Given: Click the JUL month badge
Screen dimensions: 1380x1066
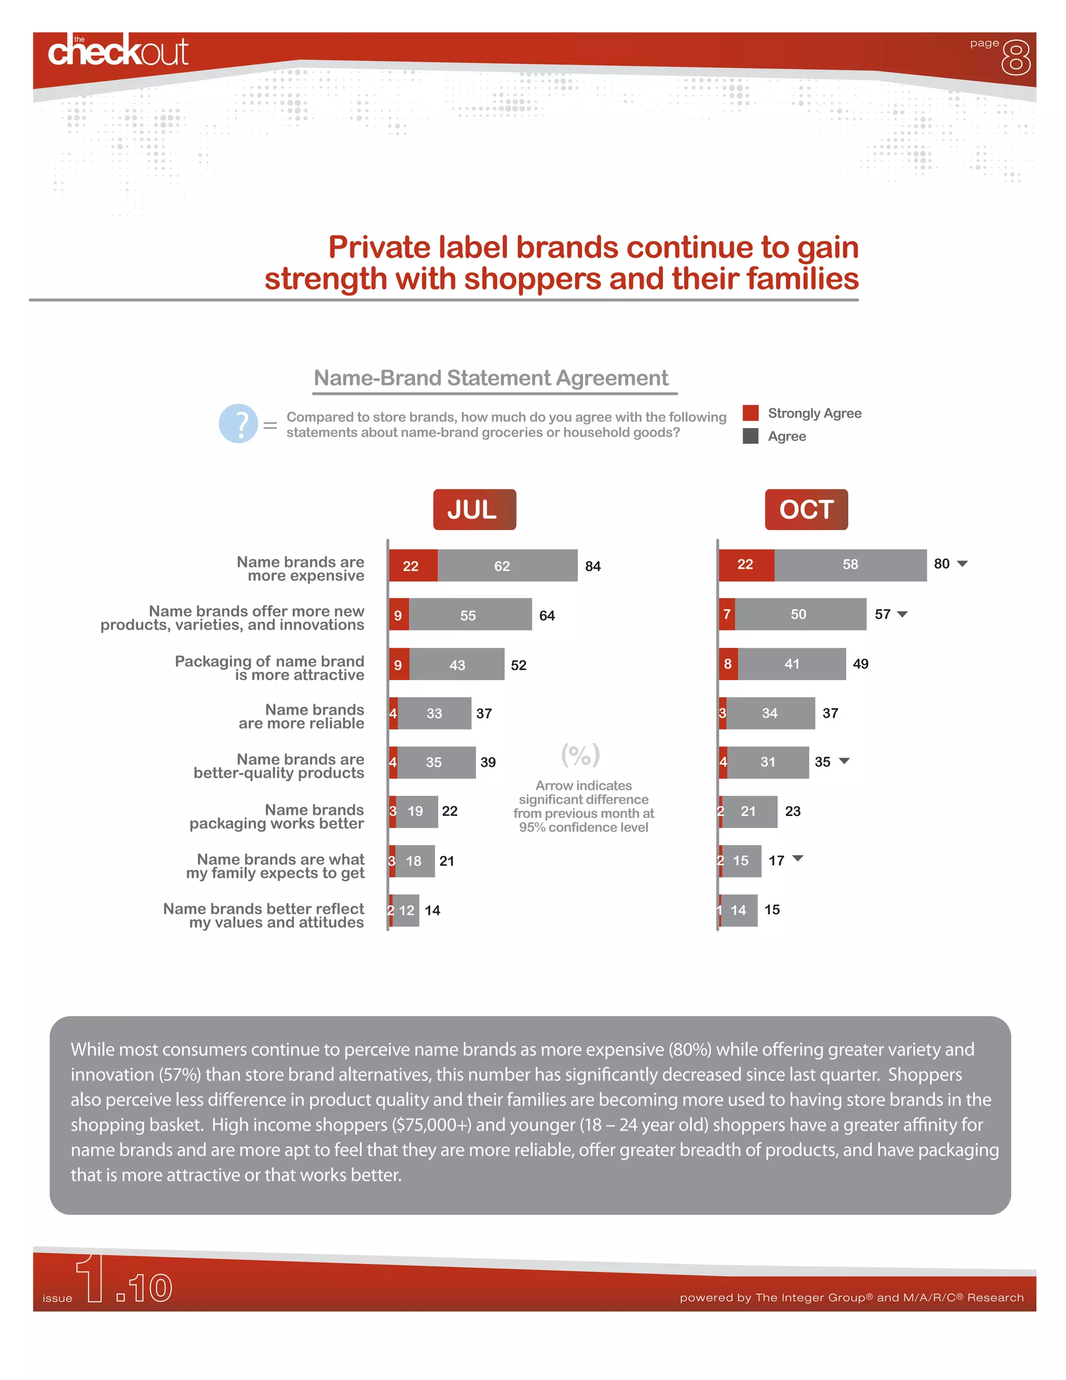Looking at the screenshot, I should tap(474, 509).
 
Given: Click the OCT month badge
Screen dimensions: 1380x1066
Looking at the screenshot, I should tap(806, 509).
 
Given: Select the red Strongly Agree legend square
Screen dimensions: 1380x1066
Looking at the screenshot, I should tap(750, 412).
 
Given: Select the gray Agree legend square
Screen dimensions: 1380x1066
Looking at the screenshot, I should tap(750, 436).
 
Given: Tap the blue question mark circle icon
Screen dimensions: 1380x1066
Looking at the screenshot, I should tap(238, 423).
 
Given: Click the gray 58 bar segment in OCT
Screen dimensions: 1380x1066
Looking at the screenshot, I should tap(850, 564).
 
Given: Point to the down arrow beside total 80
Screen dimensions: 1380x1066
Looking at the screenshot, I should tap(962, 563).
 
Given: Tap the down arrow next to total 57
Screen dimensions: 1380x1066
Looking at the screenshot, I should tap(903, 614).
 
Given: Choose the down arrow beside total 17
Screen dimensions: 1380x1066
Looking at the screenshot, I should tap(797, 858).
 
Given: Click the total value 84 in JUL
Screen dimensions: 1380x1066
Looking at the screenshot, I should tap(592, 566).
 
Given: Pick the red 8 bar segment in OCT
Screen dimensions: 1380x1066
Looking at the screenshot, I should tap(728, 663).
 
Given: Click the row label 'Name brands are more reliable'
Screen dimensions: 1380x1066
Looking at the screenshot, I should tap(301, 717).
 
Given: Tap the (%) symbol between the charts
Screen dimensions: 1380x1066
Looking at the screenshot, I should tap(580, 755).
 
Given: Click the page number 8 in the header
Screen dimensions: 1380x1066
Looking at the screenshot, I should tap(1016, 58).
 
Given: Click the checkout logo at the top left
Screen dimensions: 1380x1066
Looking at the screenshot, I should tap(118, 51).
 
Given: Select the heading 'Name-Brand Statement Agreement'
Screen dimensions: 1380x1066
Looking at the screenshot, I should tap(491, 378).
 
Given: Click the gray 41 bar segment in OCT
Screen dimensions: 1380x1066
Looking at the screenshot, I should tap(791, 663).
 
